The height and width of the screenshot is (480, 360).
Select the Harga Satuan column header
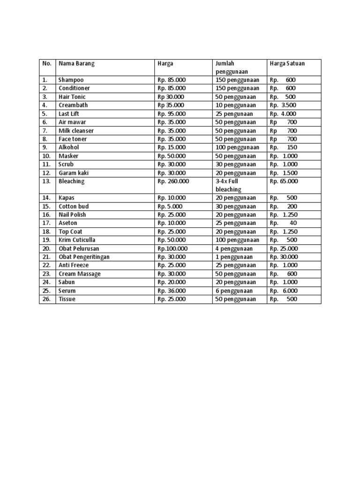click(287, 63)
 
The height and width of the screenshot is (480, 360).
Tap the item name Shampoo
click(71, 80)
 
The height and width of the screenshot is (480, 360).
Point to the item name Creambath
click(73, 105)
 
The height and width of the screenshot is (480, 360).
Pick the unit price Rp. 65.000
click(284, 181)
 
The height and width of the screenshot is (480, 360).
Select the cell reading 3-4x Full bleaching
click(228, 185)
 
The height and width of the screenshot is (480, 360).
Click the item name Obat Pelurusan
click(79, 249)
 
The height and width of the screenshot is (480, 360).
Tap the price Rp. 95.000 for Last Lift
click(172, 114)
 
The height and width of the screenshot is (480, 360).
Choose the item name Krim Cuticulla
click(77, 240)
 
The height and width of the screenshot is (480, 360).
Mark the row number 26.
click(46, 300)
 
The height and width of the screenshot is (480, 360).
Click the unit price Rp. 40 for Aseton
click(283, 224)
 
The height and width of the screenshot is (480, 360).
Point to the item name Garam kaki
click(74, 173)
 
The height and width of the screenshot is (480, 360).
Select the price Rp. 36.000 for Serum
click(172, 291)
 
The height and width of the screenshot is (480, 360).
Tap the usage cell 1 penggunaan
click(234, 257)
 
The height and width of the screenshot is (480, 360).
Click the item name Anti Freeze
click(74, 266)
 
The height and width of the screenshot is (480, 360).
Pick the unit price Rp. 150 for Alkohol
click(283, 148)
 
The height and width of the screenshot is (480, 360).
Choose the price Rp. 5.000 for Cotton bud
click(170, 207)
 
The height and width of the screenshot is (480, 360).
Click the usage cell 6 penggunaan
click(234, 291)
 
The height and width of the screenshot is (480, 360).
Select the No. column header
click(47, 63)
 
